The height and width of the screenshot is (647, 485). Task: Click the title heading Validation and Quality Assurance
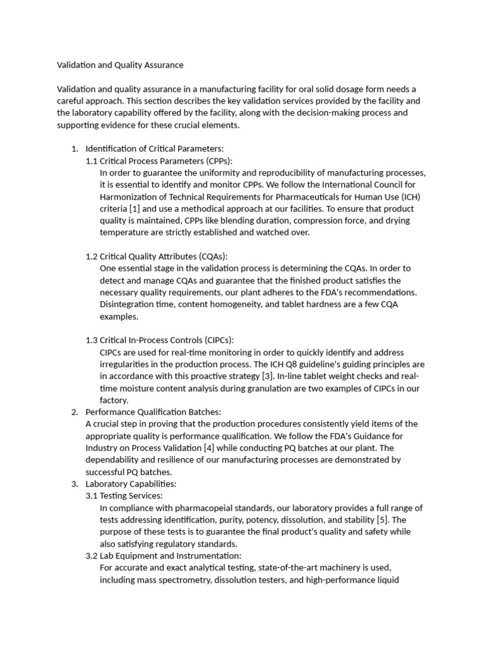(x=120, y=64)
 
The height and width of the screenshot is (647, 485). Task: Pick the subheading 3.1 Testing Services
(x=124, y=496)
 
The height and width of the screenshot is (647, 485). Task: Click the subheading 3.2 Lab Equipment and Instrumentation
(x=163, y=556)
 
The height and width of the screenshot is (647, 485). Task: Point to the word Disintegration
(x=128, y=305)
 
